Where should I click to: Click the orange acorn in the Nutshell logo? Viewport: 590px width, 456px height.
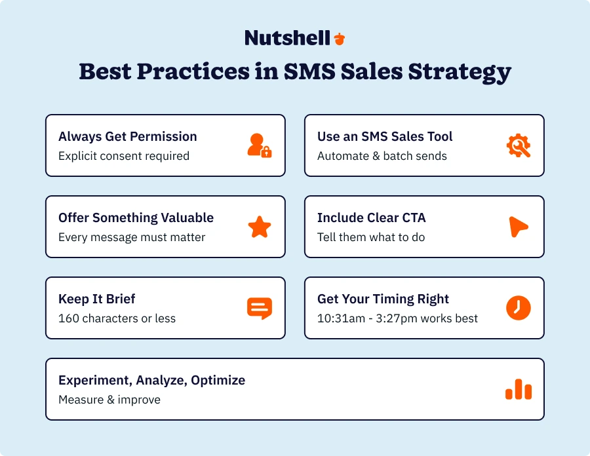click(340, 39)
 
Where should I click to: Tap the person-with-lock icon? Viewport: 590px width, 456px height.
click(260, 145)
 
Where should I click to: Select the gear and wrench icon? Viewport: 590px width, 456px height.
click(519, 145)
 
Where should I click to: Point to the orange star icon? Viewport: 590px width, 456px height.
click(260, 227)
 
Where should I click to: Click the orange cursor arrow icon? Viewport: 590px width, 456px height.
click(518, 227)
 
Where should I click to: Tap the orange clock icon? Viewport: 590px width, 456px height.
click(519, 308)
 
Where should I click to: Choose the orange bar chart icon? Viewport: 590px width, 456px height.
click(519, 389)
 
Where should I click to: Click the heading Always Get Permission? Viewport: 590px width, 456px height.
click(128, 136)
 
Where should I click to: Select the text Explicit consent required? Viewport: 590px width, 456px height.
click(124, 156)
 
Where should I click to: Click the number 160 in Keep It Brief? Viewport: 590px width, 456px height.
click(68, 318)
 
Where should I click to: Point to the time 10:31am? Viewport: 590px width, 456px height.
click(341, 318)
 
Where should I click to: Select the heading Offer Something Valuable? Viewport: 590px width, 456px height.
click(136, 218)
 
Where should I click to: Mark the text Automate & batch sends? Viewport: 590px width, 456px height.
click(382, 156)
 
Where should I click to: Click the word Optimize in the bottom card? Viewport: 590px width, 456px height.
click(218, 381)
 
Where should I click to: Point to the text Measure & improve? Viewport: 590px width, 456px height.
click(109, 400)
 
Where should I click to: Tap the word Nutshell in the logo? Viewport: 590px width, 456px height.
click(288, 38)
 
